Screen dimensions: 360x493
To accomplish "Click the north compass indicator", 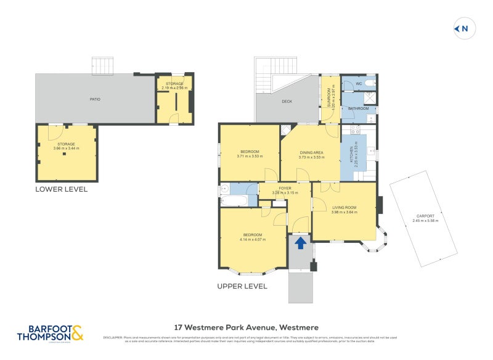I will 462,28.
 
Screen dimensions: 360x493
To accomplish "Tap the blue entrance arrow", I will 300,243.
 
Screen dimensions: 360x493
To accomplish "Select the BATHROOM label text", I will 358,108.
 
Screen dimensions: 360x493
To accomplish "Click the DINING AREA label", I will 311,152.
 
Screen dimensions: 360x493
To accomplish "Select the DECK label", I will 287,102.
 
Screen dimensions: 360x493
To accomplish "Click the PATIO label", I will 94,99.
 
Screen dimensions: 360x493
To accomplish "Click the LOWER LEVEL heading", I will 61,189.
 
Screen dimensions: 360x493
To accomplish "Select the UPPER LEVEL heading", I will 242,286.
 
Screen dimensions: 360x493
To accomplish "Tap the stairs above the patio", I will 102,65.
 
